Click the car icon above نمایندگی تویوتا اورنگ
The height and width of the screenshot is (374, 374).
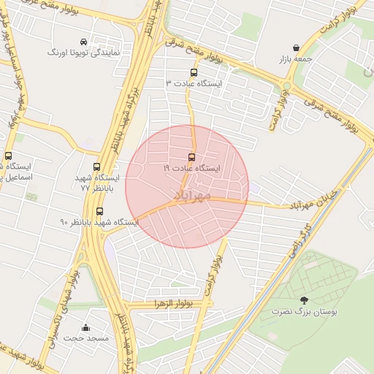pos(83,42)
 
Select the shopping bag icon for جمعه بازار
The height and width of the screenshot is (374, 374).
pos(295,47)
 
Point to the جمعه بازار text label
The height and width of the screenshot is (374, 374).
pos(295,58)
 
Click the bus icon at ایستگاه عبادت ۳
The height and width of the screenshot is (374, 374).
pos(194,72)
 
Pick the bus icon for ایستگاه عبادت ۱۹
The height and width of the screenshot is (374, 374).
pos(191,156)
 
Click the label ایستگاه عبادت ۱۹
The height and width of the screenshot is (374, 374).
pos(191,168)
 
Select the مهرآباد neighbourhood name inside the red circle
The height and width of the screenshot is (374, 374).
pos(193,196)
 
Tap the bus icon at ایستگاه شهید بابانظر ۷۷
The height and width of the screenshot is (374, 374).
pos(97,167)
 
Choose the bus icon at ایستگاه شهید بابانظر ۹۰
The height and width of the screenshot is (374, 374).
pos(99,211)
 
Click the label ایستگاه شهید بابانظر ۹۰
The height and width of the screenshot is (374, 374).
pos(99,222)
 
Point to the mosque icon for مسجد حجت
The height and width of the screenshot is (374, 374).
pos(86,327)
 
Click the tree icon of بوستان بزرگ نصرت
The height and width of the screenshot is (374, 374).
pos(304,299)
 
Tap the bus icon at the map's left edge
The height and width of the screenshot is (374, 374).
pos(8,155)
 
